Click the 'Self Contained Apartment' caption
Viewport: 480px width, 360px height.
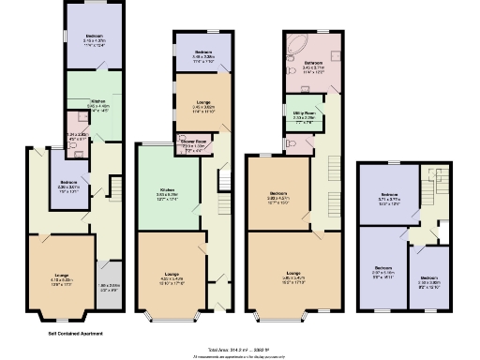click(x=75, y=333)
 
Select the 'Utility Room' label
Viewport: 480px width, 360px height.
click(x=302, y=113)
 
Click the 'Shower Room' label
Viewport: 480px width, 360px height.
click(x=193, y=144)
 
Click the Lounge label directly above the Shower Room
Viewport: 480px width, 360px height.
click(x=202, y=103)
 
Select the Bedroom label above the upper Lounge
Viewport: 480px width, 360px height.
click(x=202, y=52)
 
